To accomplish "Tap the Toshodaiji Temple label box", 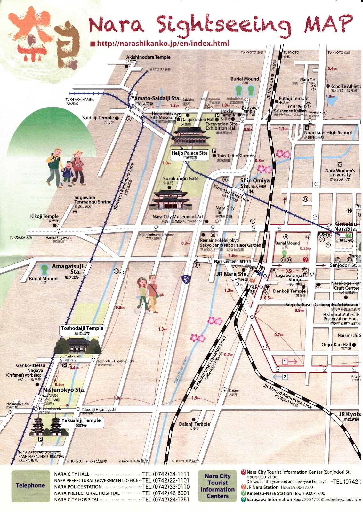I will (82, 330).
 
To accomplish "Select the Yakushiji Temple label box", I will (81, 422).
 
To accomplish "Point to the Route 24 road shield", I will (186, 279).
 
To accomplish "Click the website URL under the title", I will (163, 44).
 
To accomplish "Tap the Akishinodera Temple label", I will (148, 57).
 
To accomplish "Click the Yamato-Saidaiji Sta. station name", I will (156, 99).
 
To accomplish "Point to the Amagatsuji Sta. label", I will (68, 269).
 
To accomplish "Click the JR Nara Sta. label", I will (232, 274).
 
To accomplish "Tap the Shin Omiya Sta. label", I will (255, 183).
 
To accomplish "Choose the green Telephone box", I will (30, 485).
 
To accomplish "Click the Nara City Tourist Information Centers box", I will (217, 486).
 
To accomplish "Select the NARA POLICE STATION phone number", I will (166, 487).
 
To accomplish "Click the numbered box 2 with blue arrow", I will (284, 377).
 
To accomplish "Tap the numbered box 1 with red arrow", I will (285, 362).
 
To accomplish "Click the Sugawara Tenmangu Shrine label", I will (93, 200).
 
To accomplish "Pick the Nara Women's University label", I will (340, 173).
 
